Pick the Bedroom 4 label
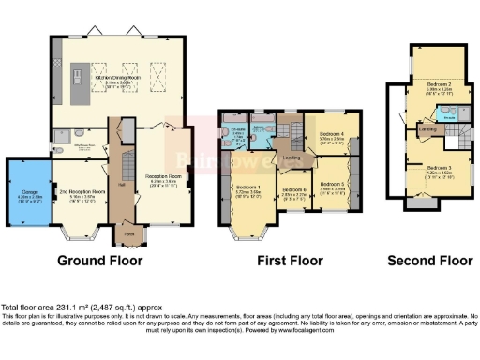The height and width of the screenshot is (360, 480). click(x=333, y=134)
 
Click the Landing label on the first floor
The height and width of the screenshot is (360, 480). click(x=292, y=157)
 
